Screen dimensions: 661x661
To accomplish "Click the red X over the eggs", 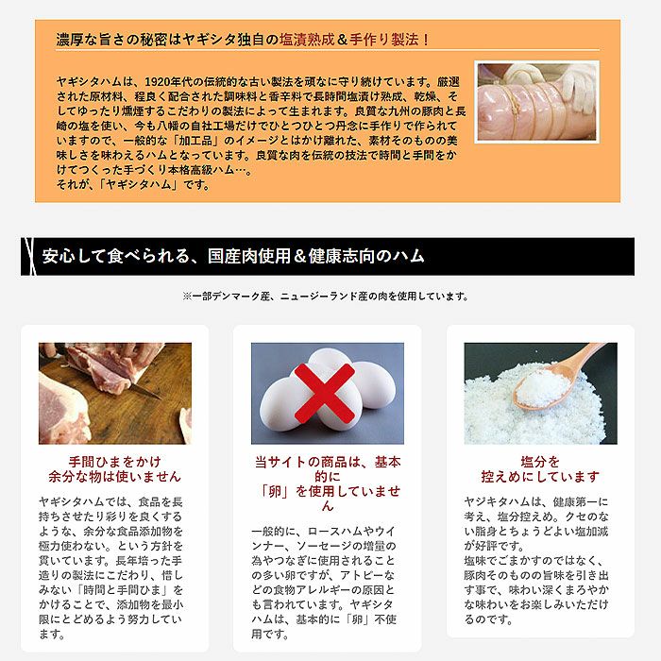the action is coord(324,394).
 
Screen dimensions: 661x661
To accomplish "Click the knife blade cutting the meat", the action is coord(145,390).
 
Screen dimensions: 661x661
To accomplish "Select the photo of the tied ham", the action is coord(536,102).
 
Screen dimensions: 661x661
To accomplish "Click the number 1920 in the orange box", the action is coord(158,81).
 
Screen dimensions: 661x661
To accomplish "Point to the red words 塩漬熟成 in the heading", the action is coord(307,40).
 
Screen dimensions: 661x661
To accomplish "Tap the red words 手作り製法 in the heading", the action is coord(383,40).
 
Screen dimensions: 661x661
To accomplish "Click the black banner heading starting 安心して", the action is coord(233,256).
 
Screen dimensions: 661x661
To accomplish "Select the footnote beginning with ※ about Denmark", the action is coord(326,297).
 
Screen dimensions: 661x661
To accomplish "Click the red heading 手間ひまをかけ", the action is coord(114,462).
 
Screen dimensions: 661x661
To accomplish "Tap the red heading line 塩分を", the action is coord(540,462).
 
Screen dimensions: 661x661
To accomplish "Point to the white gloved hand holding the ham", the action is coord(580,84).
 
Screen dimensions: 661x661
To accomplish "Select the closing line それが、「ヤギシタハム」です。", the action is coord(133,185).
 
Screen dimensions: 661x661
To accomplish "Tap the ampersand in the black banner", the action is coord(299,256).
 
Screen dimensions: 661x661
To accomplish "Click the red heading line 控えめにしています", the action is coord(540,476).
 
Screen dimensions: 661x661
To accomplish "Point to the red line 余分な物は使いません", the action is coord(114,476).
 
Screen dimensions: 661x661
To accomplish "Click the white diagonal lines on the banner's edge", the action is coord(29,256).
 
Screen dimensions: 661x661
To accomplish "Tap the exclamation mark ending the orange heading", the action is coord(426,40).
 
